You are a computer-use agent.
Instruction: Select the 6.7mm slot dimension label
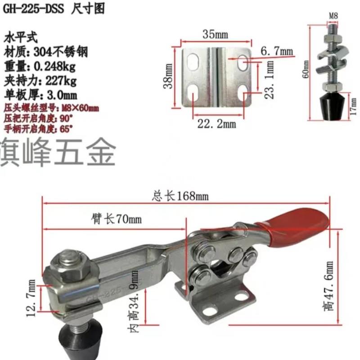276,53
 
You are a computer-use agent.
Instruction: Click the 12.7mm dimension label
31,298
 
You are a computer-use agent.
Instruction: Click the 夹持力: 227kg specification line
41,81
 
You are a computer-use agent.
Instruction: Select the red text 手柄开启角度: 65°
38,128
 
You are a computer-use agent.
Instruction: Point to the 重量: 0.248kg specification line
40,67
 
